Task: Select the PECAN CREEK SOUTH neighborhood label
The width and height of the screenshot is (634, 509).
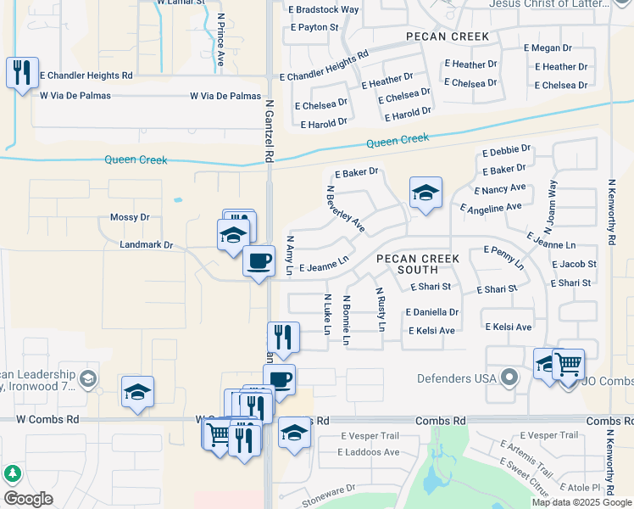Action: (418, 264)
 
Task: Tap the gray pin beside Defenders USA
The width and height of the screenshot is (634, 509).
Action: (509, 377)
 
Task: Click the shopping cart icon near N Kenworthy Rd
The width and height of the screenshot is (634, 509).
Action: (568, 364)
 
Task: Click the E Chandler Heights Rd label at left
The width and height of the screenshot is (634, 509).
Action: (86, 75)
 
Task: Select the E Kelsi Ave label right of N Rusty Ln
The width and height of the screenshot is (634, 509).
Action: (431, 331)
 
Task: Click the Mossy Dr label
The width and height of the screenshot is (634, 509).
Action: (130, 217)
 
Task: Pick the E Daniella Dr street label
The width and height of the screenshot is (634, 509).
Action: (431, 312)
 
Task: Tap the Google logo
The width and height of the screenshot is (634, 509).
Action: (28, 499)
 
